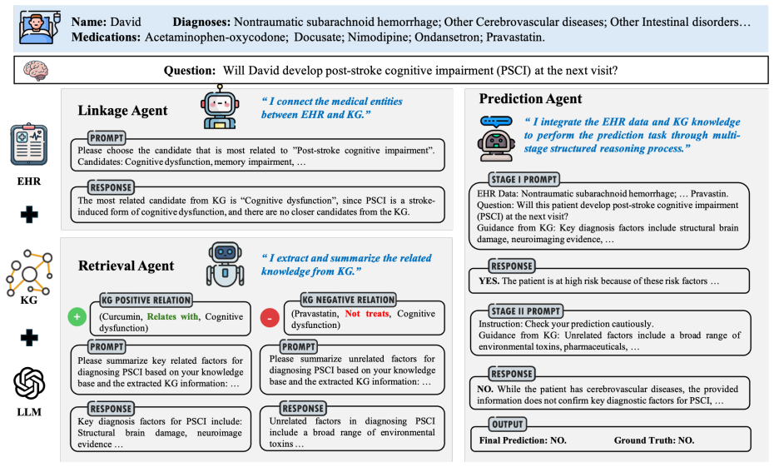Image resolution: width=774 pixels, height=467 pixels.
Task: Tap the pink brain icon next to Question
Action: [x=36, y=71]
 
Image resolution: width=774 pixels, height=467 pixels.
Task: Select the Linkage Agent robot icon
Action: [x=220, y=107]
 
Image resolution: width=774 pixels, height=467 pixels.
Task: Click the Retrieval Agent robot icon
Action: [x=225, y=264]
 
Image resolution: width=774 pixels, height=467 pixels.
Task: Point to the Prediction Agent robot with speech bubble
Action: [x=496, y=138]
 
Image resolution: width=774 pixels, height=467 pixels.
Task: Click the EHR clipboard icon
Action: [x=29, y=144]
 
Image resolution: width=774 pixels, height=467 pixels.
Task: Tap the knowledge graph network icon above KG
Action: [x=29, y=272]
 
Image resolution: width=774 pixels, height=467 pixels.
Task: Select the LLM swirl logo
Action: [x=29, y=383]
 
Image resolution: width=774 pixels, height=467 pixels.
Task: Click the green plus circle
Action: [x=77, y=316]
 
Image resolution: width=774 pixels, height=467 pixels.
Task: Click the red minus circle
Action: [x=270, y=318]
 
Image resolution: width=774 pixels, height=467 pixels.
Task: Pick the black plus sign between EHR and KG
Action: [x=29, y=214]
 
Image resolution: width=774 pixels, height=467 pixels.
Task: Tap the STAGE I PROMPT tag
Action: [x=523, y=179]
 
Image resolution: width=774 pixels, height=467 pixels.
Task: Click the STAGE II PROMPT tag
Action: [x=525, y=311]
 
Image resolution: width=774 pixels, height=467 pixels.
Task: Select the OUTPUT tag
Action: [x=507, y=424]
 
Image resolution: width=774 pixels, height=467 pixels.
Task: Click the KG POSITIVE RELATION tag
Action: [x=146, y=300]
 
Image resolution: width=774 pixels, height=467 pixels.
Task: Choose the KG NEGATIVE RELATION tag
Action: [x=349, y=299]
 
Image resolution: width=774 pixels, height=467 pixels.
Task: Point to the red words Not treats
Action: [x=367, y=314]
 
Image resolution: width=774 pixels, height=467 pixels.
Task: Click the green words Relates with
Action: [x=173, y=316]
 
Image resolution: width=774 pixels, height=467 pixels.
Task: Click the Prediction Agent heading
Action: [x=530, y=99]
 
